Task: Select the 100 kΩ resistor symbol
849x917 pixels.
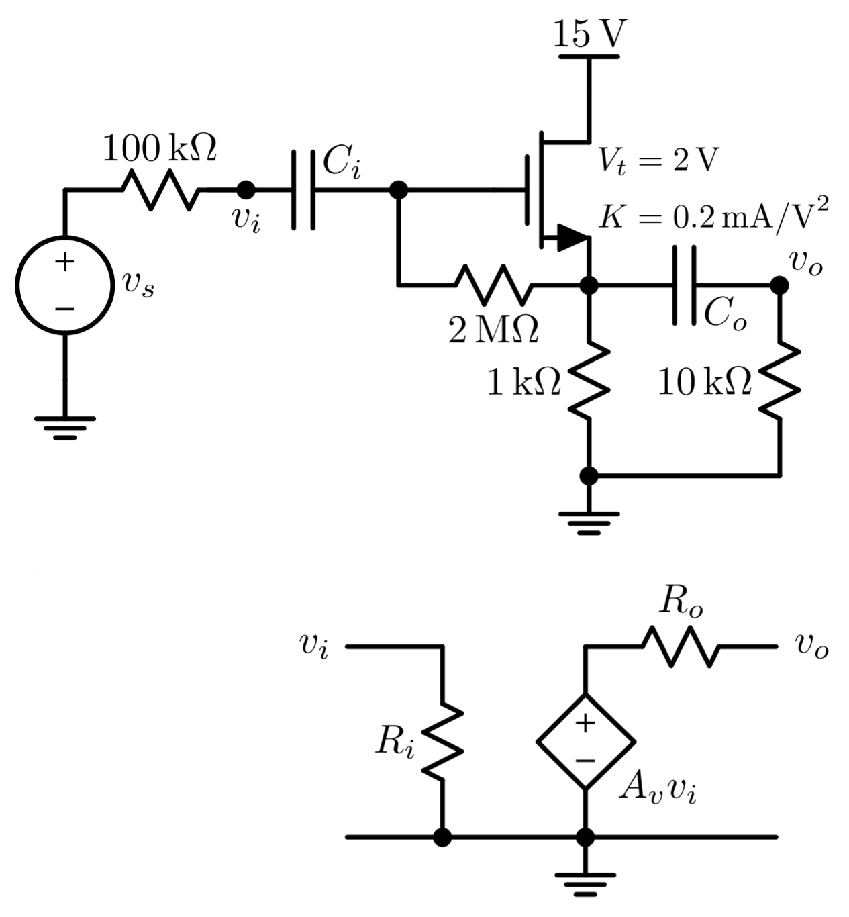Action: [160, 190]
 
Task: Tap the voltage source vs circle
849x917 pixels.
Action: [65, 285]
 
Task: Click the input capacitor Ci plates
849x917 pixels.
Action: [303, 190]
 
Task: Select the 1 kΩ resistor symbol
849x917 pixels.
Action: [589, 380]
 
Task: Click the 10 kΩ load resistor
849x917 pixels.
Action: [779, 380]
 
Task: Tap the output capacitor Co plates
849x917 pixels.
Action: [684, 285]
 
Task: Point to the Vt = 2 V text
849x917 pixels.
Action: [658, 161]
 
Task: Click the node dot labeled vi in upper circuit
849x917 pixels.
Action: [246, 190]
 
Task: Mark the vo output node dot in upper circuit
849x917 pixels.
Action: [779, 285]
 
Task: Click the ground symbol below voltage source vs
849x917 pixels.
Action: [65, 427]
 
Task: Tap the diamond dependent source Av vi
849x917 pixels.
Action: [585, 742]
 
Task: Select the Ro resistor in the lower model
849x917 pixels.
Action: [681, 646]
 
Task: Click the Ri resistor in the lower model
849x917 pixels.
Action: [442, 742]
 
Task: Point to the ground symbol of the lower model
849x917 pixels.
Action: [585, 883]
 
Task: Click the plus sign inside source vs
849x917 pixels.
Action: [64, 261]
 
